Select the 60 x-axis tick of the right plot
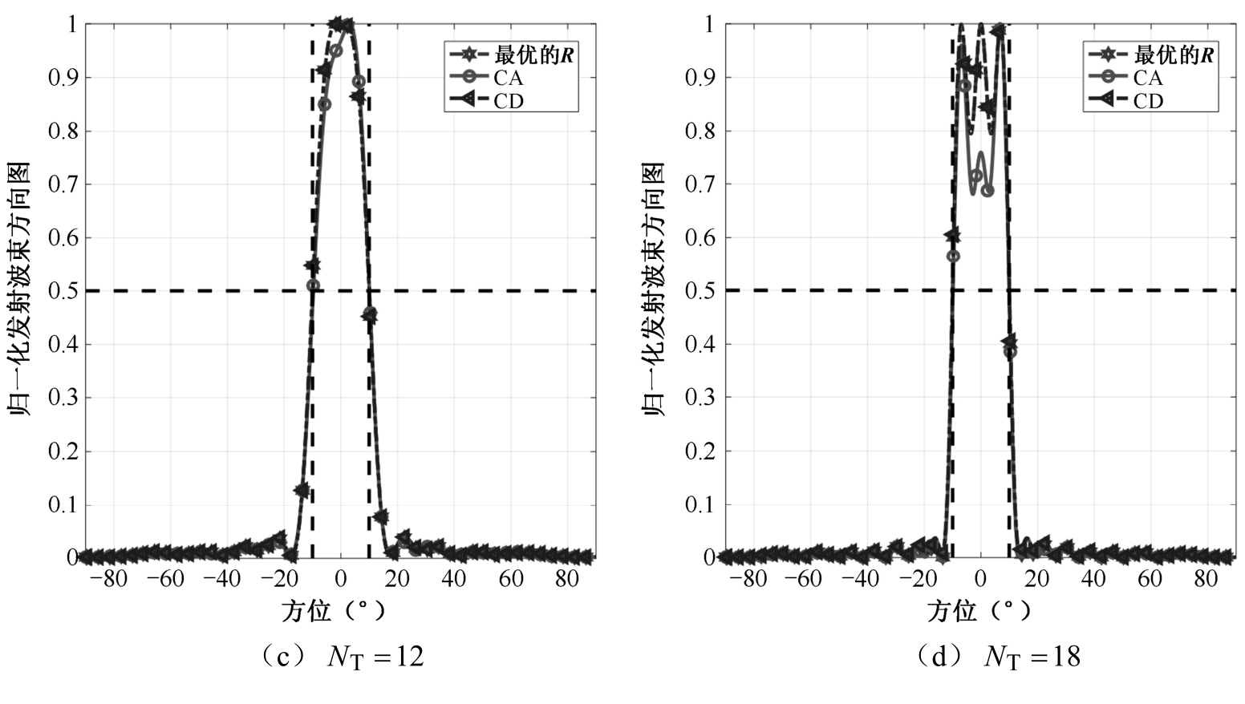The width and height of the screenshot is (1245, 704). pyautogui.click(x=1150, y=579)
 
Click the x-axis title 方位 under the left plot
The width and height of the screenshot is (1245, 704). pyautogui.click(x=306, y=612)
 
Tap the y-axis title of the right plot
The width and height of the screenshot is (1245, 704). pyautogui.click(x=654, y=289)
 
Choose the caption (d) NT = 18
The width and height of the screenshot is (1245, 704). pyautogui.click(x=998, y=657)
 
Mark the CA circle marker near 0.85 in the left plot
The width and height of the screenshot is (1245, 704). pyautogui.click(x=324, y=104)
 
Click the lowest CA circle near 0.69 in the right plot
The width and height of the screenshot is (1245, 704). pyautogui.click(x=987, y=191)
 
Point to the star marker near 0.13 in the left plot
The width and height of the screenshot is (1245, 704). pyautogui.click(x=302, y=490)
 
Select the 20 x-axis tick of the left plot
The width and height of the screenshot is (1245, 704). pyautogui.click(x=396, y=579)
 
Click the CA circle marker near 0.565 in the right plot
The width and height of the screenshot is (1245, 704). pyautogui.click(x=953, y=257)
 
